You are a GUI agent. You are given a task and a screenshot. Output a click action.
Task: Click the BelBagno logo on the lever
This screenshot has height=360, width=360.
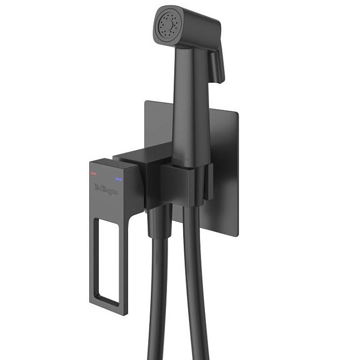tap(106, 189)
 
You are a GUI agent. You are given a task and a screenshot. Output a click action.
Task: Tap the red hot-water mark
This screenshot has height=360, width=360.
tap(94, 173)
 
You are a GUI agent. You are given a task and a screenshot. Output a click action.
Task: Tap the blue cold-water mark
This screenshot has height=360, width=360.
tap(119, 179)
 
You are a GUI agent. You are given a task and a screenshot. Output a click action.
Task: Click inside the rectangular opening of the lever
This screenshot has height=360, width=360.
tap(109, 259)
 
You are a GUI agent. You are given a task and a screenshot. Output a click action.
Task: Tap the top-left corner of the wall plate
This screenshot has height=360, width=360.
tap(145, 101)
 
